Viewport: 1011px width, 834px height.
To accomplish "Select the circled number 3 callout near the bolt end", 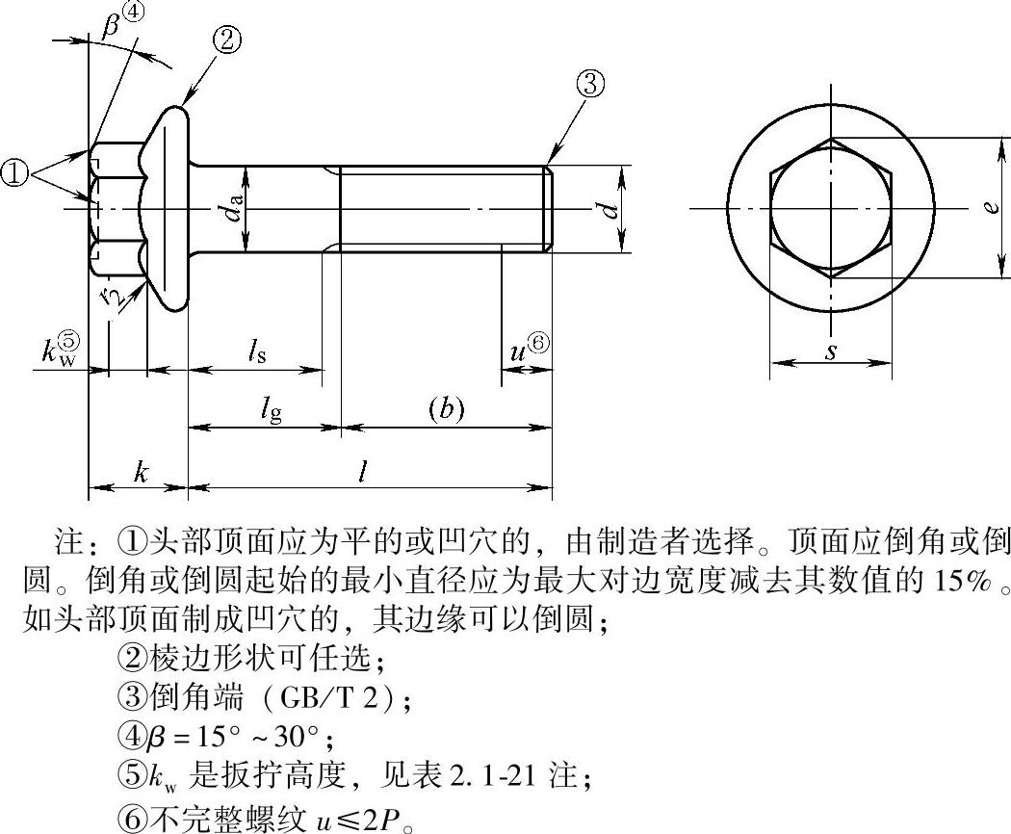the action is [589, 85].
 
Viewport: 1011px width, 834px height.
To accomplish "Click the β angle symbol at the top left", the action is [111, 25].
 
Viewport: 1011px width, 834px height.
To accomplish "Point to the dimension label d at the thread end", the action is [609, 210].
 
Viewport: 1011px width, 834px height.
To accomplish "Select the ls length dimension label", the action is [257, 352].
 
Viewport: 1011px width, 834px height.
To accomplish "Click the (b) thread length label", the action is [446, 409].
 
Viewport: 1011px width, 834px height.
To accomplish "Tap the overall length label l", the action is [364, 473].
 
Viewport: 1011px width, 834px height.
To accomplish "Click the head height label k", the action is [142, 472].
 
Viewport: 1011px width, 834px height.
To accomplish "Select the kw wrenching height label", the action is [61, 349].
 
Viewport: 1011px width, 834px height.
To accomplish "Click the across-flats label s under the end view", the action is [832, 352].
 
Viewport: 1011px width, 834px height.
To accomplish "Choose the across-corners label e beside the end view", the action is [994, 207].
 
